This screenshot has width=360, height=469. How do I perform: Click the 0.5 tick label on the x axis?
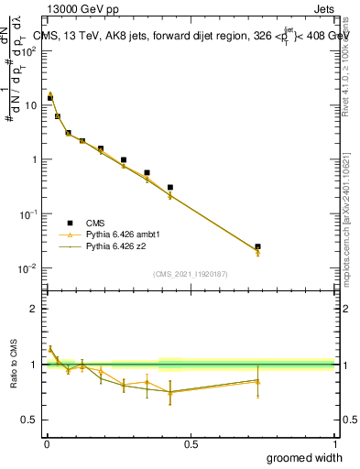(190, 444)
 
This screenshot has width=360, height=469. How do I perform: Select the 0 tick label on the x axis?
(46, 444)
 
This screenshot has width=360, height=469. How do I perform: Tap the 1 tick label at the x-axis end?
(333, 444)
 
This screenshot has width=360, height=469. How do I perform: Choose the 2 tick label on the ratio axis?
(34, 309)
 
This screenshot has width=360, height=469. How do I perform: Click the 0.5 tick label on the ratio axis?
(30, 420)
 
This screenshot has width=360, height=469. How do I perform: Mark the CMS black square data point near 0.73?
(257, 246)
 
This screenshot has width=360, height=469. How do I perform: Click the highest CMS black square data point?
(50, 98)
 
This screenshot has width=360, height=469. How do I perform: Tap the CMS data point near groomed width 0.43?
(170, 187)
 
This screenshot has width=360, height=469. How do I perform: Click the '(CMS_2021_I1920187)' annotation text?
(190, 273)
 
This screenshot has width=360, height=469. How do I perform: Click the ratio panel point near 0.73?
(257, 381)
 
